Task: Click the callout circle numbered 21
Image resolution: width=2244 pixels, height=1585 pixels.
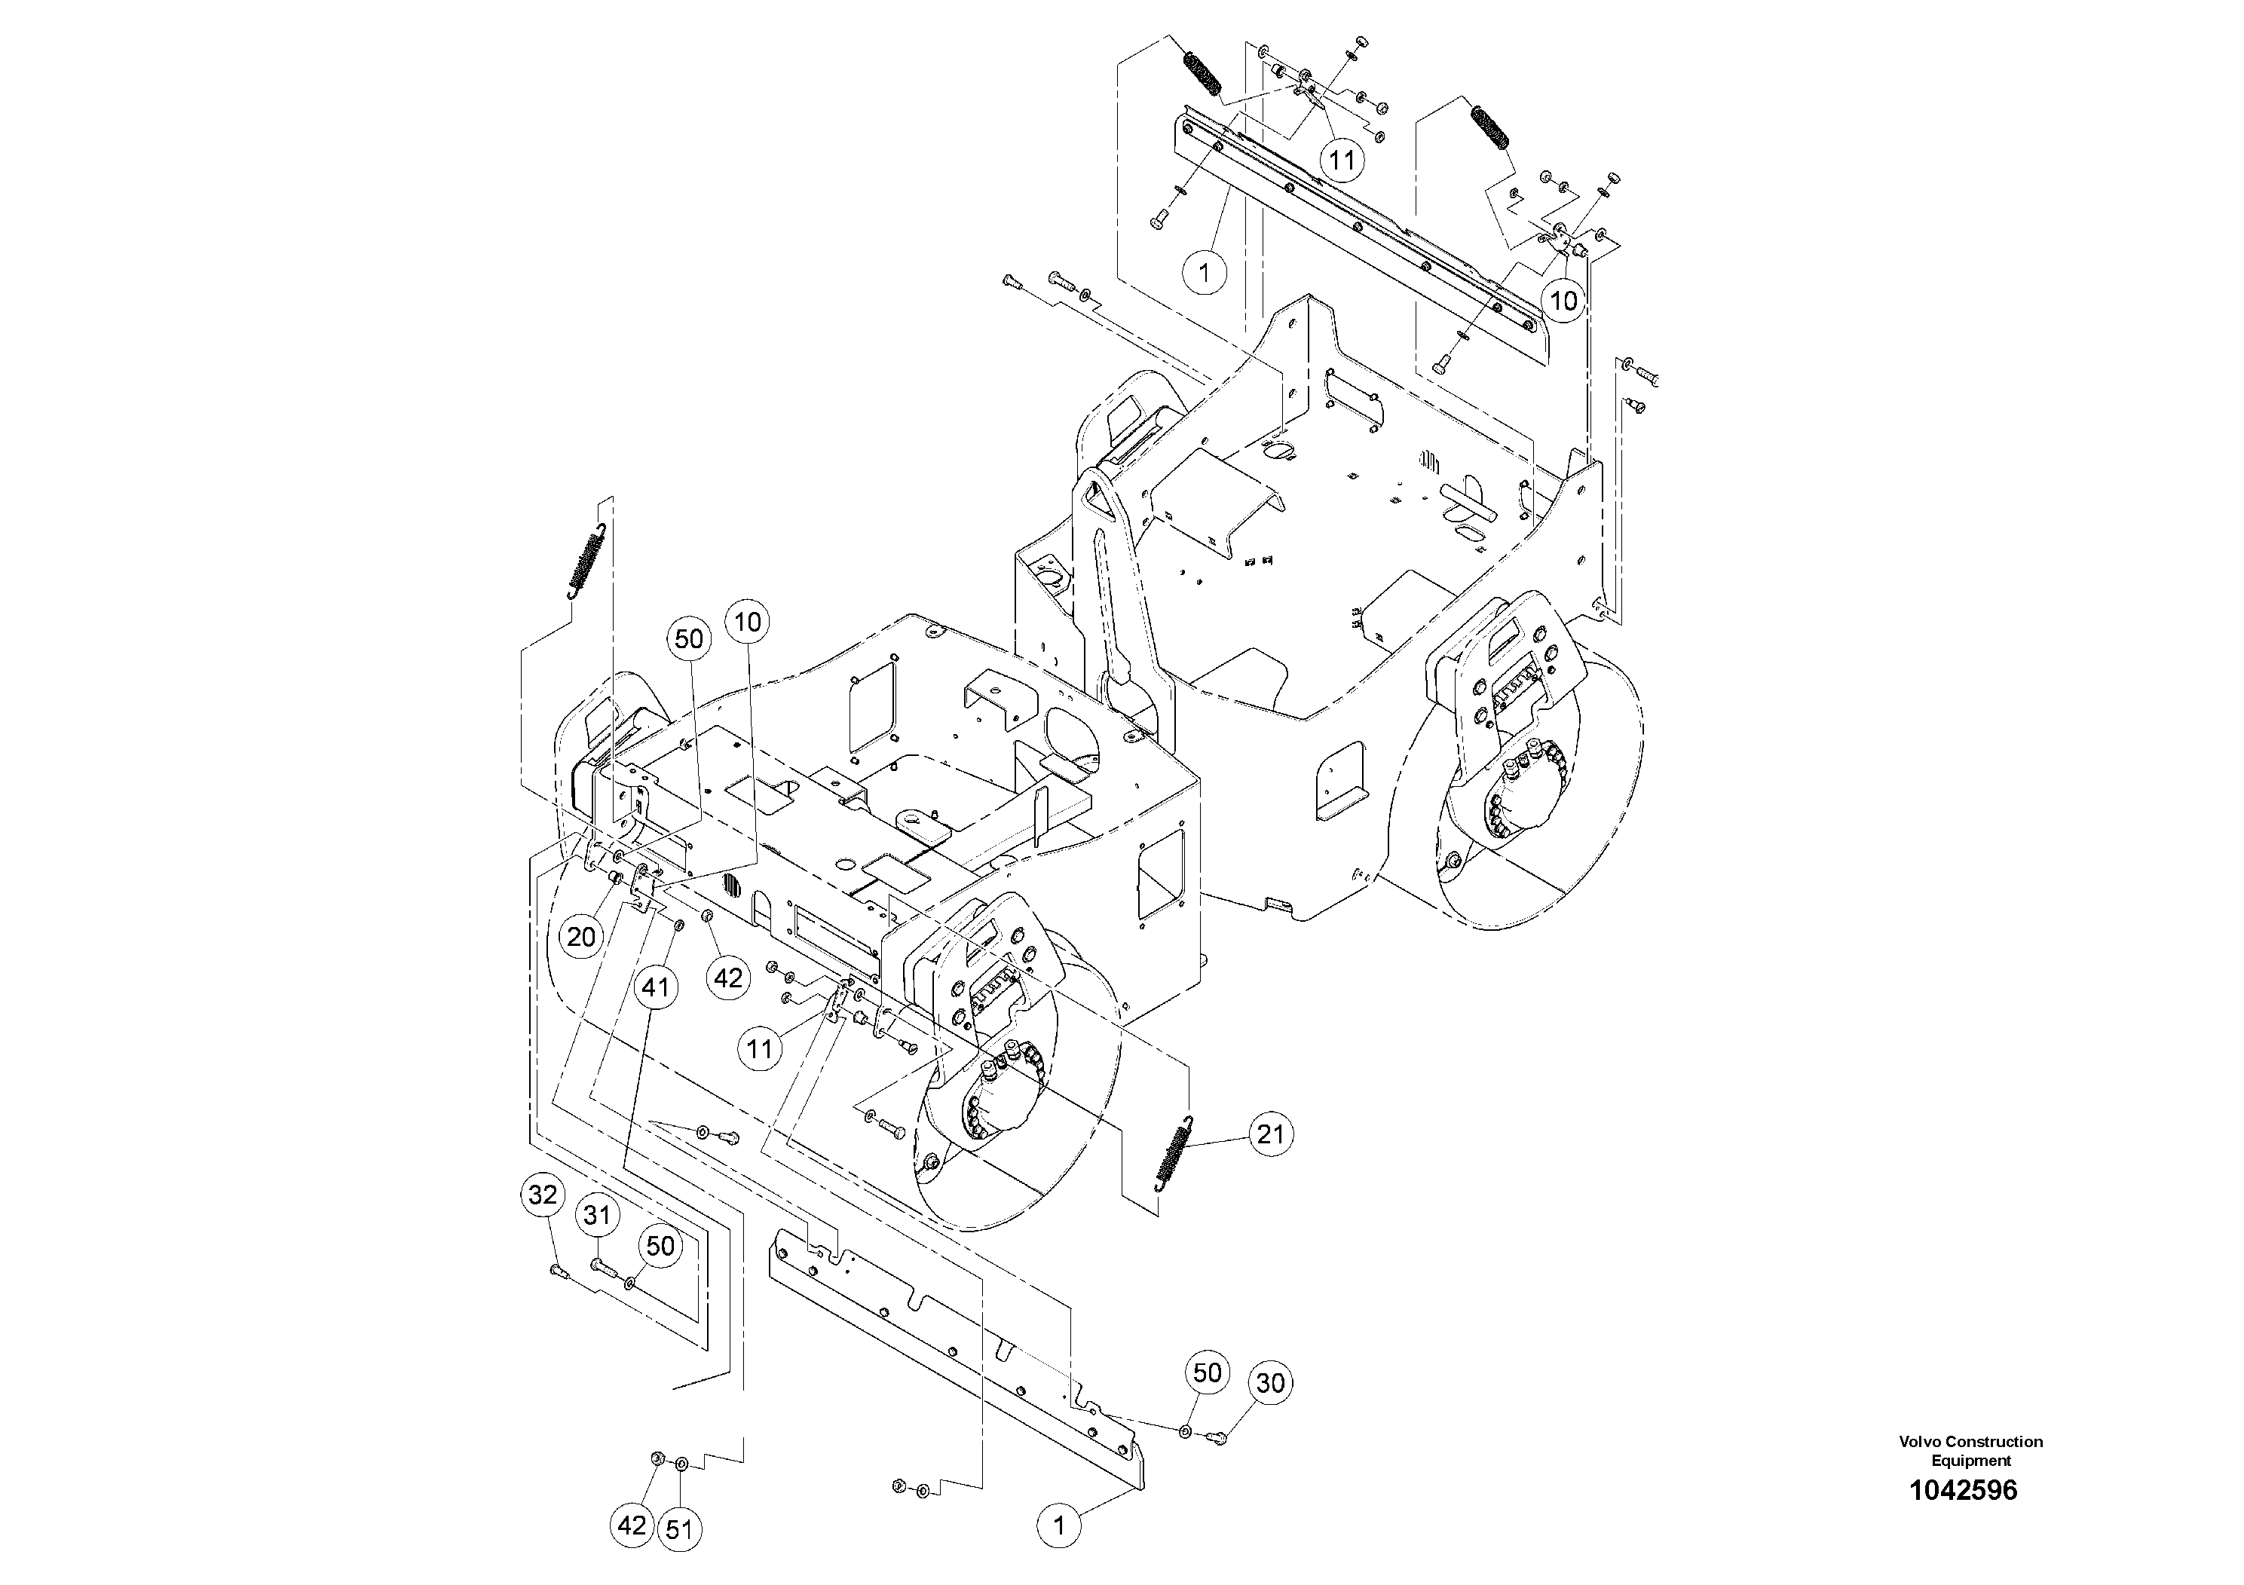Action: click(x=1269, y=1134)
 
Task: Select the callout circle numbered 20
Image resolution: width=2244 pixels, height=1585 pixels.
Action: click(x=580, y=936)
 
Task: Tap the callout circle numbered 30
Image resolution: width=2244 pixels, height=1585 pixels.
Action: click(x=1269, y=1383)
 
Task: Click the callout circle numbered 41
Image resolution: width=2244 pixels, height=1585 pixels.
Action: click(x=655, y=987)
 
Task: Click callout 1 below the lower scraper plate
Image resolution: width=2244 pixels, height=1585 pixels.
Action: click(x=1058, y=1525)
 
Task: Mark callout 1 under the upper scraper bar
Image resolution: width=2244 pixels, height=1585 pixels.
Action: click(x=1204, y=271)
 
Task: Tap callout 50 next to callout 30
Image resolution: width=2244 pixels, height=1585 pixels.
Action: click(x=1207, y=1373)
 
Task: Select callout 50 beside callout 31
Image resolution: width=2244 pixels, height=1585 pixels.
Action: click(x=661, y=1246)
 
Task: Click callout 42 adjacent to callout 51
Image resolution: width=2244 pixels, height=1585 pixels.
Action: click(x=632, y=1525)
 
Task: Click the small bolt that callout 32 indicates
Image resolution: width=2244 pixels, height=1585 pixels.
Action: click(x=558, y=1271)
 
